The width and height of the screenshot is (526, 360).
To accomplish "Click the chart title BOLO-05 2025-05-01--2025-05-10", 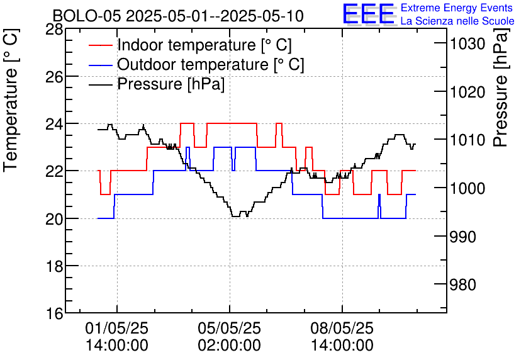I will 178,16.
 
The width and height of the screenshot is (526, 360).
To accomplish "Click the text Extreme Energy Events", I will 457,8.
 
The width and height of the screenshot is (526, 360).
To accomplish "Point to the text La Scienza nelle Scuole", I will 457,21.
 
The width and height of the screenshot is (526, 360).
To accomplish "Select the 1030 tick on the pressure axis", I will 467,43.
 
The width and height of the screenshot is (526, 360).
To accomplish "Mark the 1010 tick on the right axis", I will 467,140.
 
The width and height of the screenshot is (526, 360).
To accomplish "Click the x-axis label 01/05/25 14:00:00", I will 116,337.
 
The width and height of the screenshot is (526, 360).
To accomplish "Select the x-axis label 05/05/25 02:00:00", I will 230,337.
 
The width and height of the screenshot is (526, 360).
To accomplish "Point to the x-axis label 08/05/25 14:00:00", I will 342,337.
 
